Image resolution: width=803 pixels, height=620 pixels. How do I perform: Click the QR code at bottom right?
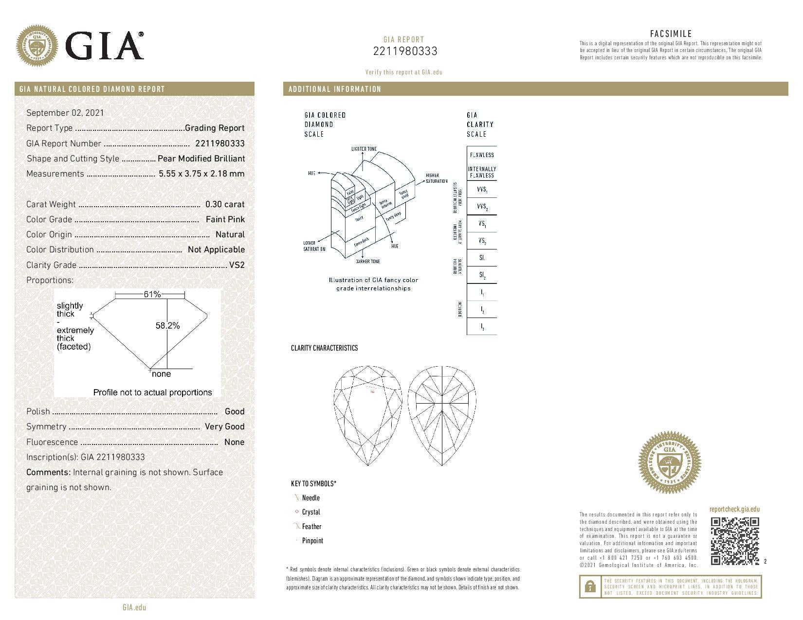click(735, 541)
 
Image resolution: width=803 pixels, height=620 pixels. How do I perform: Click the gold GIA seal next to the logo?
click(37, 47)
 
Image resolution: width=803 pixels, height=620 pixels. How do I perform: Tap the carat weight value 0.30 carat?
click(225, 204)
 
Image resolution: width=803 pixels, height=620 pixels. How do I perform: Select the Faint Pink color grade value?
click(225, 219)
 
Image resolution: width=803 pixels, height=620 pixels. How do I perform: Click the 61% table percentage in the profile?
click(152, 294)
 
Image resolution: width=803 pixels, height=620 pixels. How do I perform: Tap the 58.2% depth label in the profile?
click(167, 325)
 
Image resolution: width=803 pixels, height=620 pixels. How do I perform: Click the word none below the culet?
click(161, 374)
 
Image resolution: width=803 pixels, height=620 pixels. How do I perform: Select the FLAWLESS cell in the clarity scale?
click(481, 155)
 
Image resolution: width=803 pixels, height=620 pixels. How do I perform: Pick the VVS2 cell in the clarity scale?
click(482, 207)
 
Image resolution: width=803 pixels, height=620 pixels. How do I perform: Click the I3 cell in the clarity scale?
click(482, 327)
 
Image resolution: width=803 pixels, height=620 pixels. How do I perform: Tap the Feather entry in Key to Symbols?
click(311, 526)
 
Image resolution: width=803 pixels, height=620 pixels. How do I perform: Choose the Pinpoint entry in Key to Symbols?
click(312, 540)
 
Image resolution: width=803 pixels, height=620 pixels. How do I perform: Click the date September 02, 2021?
click(65, 113)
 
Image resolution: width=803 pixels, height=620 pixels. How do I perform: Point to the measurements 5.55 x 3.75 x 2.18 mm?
click(201, 174)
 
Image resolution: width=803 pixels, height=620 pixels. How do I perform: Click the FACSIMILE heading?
click(671, 34)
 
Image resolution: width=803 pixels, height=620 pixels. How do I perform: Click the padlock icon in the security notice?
click(590, 586)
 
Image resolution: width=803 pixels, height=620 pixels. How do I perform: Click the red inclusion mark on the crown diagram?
click(373, 391)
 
